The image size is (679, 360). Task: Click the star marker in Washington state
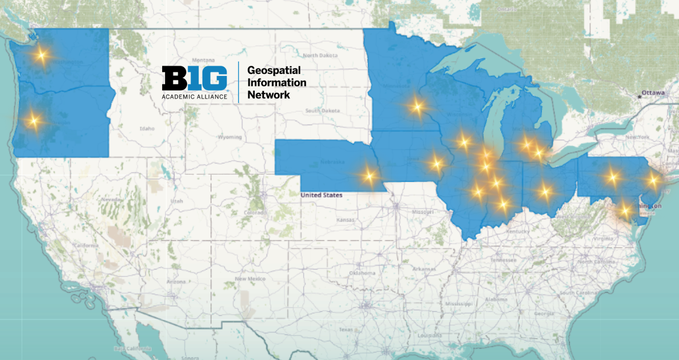point(41,55)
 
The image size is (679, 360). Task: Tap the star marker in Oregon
point(34,120)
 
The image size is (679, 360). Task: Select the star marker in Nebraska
point(369,175)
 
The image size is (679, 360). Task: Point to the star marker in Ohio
point(545,191)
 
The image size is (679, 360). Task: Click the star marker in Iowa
point(436,163)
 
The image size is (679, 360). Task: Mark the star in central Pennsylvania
point(612,177)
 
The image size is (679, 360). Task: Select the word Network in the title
point(269,95)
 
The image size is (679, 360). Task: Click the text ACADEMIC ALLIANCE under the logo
point(195,97)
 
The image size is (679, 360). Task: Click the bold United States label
point(321,195)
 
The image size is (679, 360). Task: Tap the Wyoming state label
point(230,137)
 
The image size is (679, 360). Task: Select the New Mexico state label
point(250,279)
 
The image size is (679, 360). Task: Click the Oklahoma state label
point(362,273)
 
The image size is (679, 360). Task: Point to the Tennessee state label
point(503,260)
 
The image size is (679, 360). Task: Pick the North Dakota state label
point(321,56)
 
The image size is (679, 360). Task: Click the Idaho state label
point(147,129)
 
